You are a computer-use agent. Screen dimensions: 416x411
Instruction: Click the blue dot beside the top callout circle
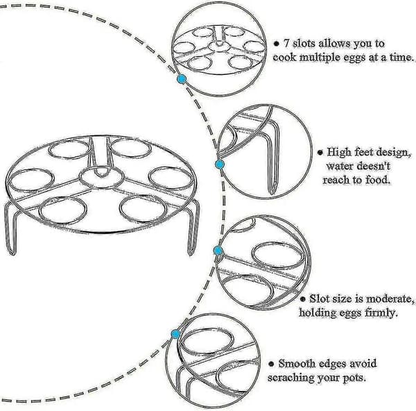tap(182, 79)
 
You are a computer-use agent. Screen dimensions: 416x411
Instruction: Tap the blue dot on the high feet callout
tap(219, 165)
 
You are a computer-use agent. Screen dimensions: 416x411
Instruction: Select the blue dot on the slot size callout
tap(218, 251)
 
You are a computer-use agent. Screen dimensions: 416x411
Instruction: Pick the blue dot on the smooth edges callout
tap(175, 334)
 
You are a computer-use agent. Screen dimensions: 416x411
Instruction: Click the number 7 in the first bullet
tap(286, 43)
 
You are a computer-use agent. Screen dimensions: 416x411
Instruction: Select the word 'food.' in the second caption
tap(378, 180)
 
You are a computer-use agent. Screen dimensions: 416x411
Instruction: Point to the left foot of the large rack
tap(11, 228)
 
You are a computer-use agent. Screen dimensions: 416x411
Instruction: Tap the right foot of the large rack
tap(193, 228)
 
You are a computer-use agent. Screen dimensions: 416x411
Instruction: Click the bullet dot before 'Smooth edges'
tap(271, 364)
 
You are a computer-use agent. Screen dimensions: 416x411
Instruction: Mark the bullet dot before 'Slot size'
tap(303, 299)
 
